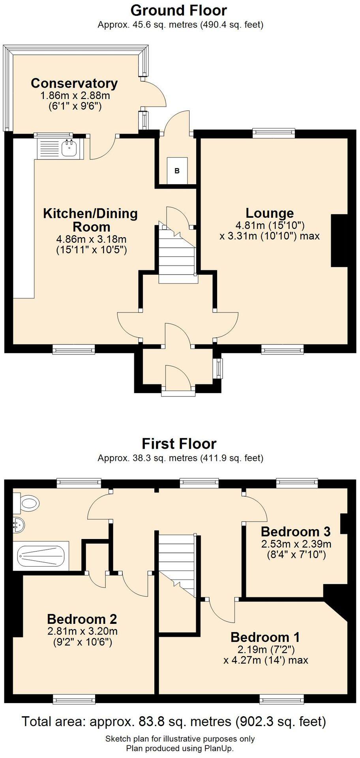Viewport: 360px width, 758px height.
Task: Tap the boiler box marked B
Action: [x=177, y=170]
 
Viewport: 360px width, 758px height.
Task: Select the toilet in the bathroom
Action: [x=29, y=503]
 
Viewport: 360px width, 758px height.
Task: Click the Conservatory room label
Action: [x=74, y=83]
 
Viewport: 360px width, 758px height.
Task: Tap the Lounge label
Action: [x=270, y=213]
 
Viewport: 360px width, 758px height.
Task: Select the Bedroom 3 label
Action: [x=295, y=531]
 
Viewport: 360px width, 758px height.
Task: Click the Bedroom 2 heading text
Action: [x=82, y=618]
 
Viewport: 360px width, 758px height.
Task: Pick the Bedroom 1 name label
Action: [x=265, y=637]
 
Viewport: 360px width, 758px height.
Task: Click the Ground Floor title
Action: [x=178, y=10]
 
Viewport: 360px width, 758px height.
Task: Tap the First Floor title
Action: [x=179, y=444]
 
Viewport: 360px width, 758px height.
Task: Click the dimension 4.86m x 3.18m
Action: [x=91, y=239]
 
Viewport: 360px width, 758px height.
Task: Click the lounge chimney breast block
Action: [x=339, y=241]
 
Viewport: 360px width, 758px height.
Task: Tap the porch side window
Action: [x=218, y=368]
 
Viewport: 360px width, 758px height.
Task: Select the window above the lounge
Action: [x=274, y=133]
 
